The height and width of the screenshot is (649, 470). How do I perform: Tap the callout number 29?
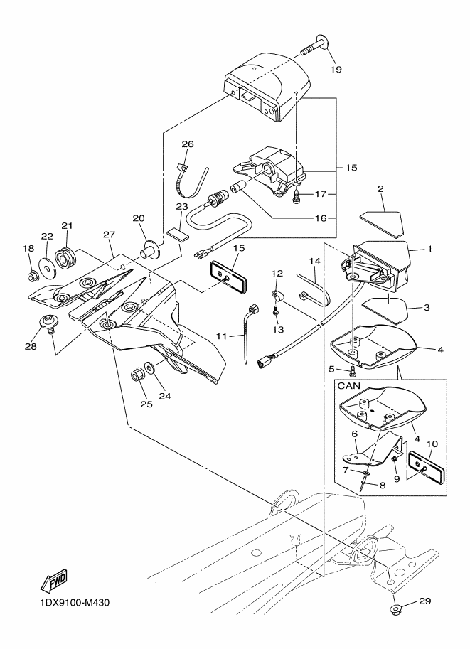coord(425,601)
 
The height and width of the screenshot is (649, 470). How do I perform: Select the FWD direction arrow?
coord(53,583)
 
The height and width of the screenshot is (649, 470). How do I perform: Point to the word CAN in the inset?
coord(349,386)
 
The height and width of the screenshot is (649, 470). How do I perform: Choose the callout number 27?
coord(109,235)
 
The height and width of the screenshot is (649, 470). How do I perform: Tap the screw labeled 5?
coord(352,370)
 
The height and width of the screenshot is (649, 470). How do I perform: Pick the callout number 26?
coord(188,144)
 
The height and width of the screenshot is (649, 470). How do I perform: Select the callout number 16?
coord(321,218)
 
